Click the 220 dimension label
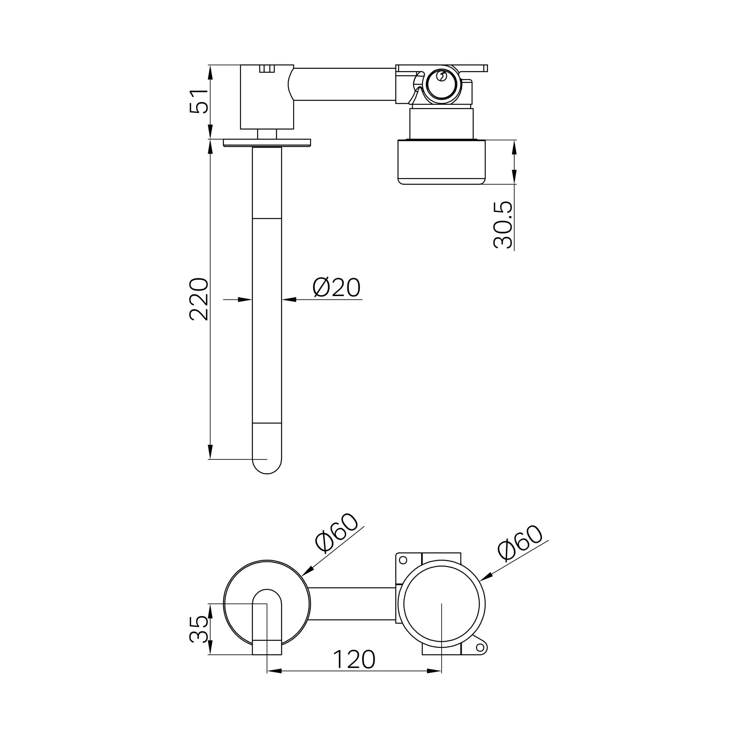pyautogui.click(x=199, y=299)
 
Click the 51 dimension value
pyautogui.click(x=199, y=101)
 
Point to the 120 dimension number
pyautogui.click(x=354, y=660)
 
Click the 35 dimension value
pyautogui.click(x=199, y=629)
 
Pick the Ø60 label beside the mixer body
pyautogui.click(x=520, y=543)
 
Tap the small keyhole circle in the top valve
pyautogui.click(x=441, y=76)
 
